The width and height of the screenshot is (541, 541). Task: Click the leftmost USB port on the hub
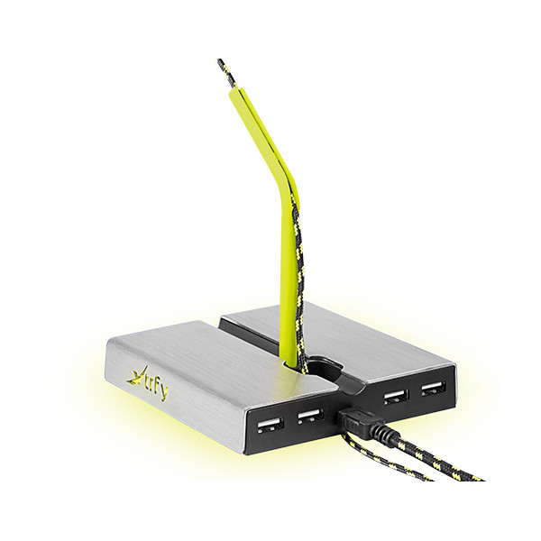pyautogui.click(x=270, y=425)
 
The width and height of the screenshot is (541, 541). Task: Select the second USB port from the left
pyautogui.click(x=310, y=416)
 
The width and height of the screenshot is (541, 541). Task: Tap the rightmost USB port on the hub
pyautogui.click(x=434, y=388)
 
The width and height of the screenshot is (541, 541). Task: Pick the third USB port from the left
pyautogui.click(x=396, y=397)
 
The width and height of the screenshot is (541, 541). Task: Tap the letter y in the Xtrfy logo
pyautogui.click(x=164, y=393)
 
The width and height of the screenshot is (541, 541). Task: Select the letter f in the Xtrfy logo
pyautogui.click(x=156, y=387)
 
